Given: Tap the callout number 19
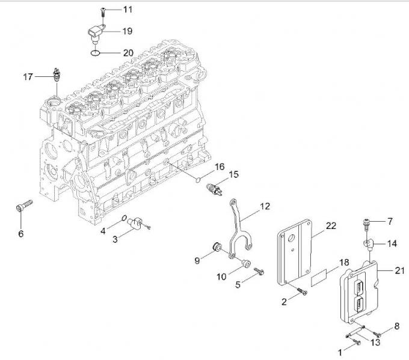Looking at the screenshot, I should coord(128,30).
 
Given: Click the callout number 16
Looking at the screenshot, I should coord(219,166).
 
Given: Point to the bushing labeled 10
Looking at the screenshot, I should coord(244,262).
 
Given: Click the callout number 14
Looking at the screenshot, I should coord(392,243).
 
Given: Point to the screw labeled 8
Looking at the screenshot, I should coord(377,332).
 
